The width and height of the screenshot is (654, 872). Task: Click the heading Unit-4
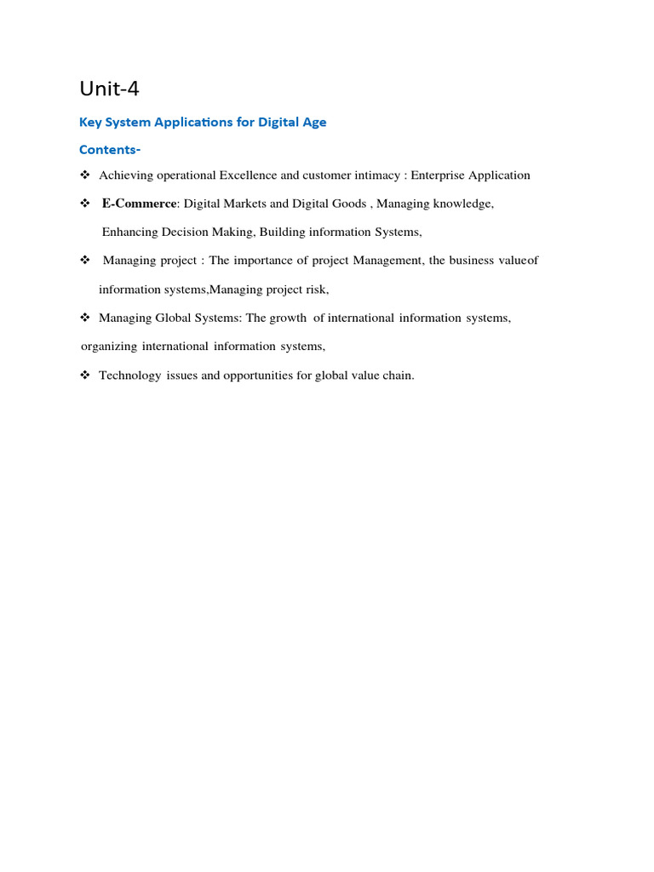click(109, 89)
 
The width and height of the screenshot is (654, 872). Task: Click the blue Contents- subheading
click(110, 150)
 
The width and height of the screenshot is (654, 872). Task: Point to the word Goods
click(347, 204)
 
